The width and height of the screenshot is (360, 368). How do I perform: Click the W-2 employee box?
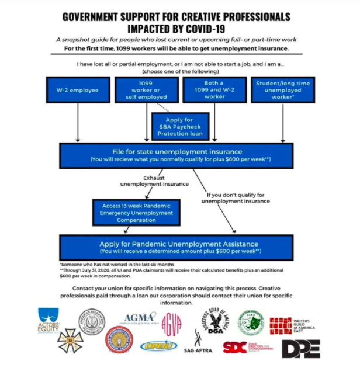77,91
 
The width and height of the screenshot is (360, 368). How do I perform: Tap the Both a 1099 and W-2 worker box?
214,90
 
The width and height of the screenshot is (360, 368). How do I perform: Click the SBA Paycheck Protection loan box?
179,127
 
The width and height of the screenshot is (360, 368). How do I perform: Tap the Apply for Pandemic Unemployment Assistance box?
179,246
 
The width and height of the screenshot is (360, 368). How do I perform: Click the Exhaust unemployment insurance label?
154,180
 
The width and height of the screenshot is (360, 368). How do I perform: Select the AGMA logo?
141,317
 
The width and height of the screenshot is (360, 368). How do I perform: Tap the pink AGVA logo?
171,321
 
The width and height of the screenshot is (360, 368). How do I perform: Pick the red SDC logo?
234,347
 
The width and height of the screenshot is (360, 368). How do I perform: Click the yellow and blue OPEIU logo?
158,346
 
